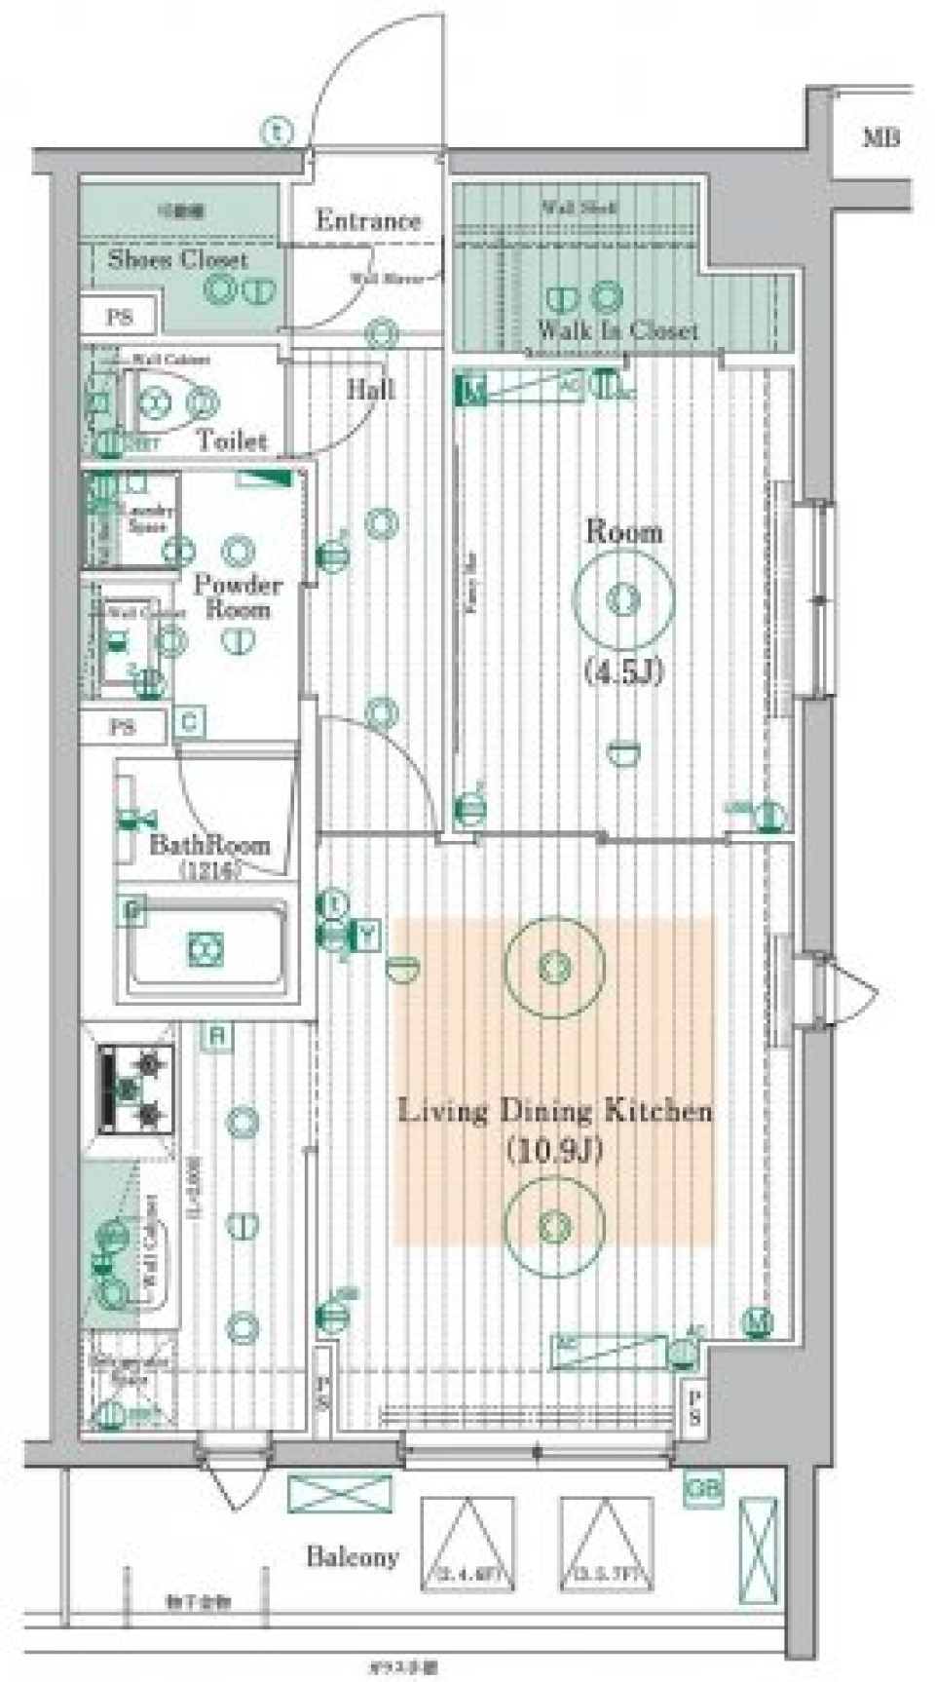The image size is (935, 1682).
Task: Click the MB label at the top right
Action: (880, 137)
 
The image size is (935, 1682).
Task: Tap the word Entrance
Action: (368, 221)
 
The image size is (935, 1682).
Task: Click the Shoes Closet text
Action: (177, 259)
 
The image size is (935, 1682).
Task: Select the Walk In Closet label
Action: (617, 330)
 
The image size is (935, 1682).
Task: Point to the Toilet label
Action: (232, 440)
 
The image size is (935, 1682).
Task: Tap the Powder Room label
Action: (237, 596)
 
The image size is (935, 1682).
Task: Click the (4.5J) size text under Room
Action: (623, 670)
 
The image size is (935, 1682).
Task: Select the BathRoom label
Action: (209, 844)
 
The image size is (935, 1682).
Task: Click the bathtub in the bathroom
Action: (206, 946)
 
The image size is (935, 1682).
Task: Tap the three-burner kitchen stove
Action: (136, 1089)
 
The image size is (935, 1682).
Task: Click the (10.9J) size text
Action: (555, 1151)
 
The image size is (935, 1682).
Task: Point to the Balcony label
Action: (353, 1556)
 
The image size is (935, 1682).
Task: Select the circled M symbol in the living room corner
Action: (758, 1322)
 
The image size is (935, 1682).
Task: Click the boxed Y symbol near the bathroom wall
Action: (368, 934)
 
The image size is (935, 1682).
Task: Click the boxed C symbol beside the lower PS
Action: (190, 723)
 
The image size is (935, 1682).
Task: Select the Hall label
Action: (371, 389)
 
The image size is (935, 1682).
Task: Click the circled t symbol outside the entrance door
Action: (278, 130)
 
